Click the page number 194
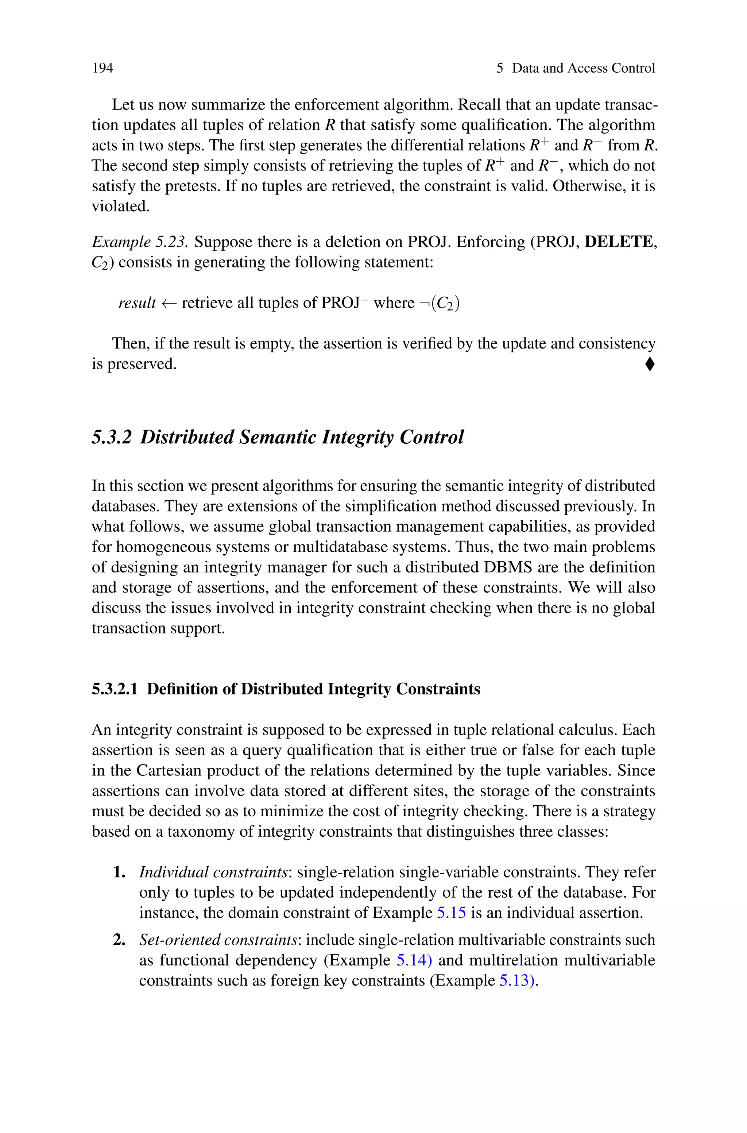tap(102, 68)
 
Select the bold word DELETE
tap(618, 242)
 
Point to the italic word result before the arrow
tap(137, 303)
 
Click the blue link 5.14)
tap(414, 960)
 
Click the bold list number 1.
tap(119, 872)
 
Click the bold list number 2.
tap(119, 940)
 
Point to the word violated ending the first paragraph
tap(120, 206)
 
